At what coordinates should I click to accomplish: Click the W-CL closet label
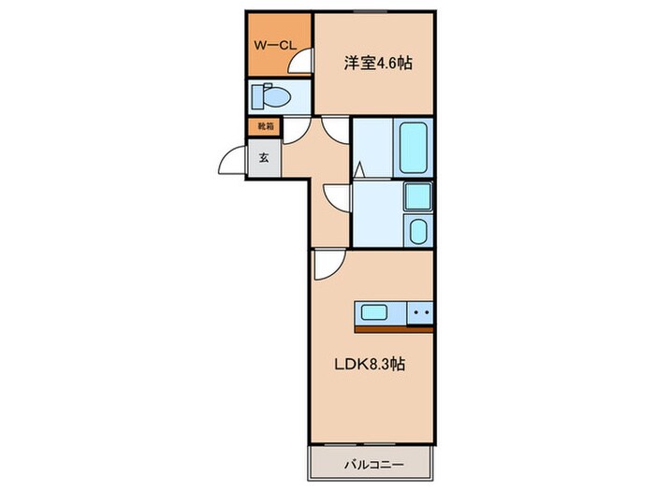pos(275,46)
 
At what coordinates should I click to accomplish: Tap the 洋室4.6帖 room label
pos(378,64)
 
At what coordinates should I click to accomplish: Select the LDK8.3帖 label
pos(370,365)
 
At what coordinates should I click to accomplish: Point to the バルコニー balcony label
pos(374,464)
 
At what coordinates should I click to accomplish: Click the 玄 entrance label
pos(264,158)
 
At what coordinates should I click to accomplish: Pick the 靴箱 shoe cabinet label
pos(265,125)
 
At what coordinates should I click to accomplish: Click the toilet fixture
pos(270,96)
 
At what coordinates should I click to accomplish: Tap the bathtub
pos(414,148)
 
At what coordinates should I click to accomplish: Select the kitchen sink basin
pos(374,312)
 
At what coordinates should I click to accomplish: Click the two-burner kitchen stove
pos(420,311)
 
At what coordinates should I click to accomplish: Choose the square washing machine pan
pos(418,195)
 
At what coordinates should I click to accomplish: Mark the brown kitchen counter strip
pos(394,329)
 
